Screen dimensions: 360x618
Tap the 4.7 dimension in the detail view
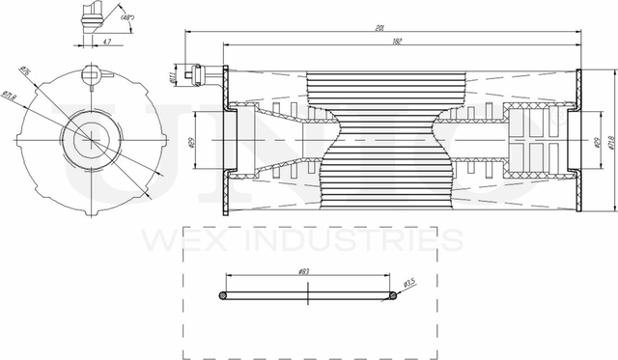click(105, 42)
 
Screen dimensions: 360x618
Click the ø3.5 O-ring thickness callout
click(408, 283)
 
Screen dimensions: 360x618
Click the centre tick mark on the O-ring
click(307, 296)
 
